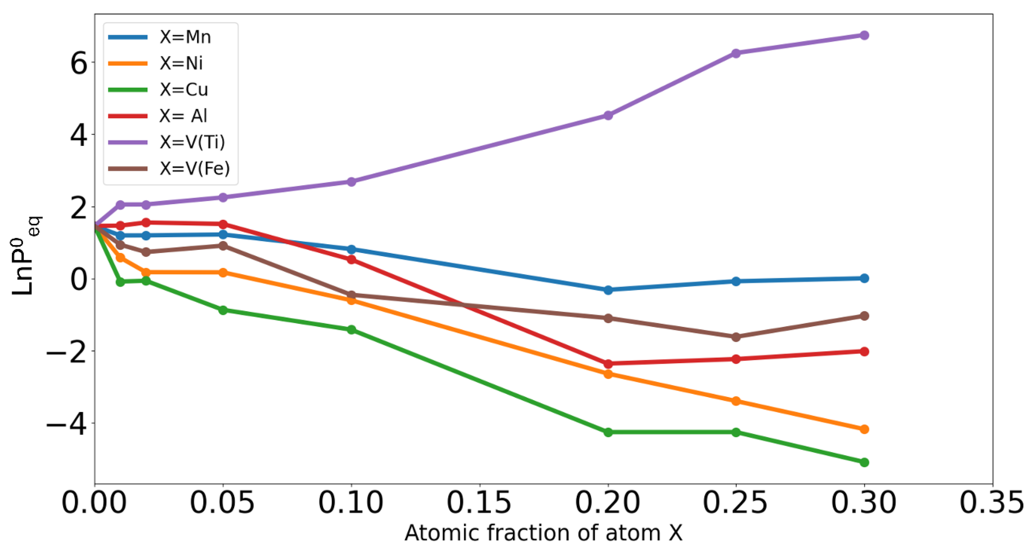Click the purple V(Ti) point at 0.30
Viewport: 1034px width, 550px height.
tap(864, 35)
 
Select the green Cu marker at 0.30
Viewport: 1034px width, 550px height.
tap(864, 463)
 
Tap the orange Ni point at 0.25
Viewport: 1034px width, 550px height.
tap(736, 401)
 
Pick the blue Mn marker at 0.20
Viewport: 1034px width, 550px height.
tap(608, 290)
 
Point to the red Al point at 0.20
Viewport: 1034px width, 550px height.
tap(608, 364)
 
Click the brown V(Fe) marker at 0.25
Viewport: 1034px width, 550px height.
tap(736, 337)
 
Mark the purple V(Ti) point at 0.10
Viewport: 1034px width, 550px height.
tap(351, 182)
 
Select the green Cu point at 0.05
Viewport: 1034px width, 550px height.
tap(223, 310)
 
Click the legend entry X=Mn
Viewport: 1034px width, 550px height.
tap(185, 37)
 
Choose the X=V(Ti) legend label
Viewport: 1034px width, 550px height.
tap(192, 142)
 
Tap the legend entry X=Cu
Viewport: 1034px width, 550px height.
tap(184, 90)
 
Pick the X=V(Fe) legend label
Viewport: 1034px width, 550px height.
tap(195, 169)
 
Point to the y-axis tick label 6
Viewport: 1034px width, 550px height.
tap(79, 64)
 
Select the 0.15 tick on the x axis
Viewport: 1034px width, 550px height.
tap(479, 503)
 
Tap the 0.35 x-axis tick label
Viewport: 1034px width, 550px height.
tap(992, 503)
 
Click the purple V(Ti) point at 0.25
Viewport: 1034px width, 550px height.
tap(736, 53)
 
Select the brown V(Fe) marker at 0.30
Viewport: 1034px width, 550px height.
tap(864, 316)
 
